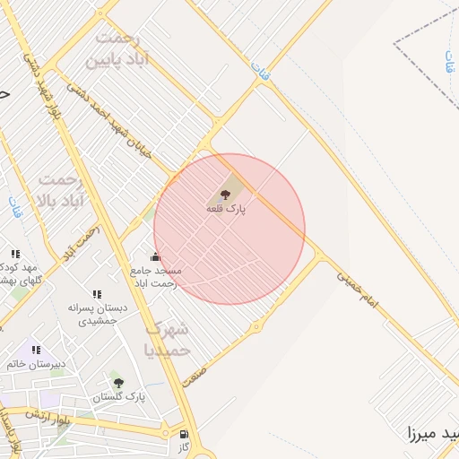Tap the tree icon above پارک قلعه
224,194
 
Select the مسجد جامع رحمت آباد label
156,276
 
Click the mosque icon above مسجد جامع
155,257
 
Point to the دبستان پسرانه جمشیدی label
97,313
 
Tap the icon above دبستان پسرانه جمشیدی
97,294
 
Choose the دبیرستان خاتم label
37,364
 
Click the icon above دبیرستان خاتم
36,350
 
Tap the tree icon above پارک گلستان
118,383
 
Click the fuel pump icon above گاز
185,435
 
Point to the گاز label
185,447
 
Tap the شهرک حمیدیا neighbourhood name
168,339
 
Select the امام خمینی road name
358,290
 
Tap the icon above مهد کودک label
15,255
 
